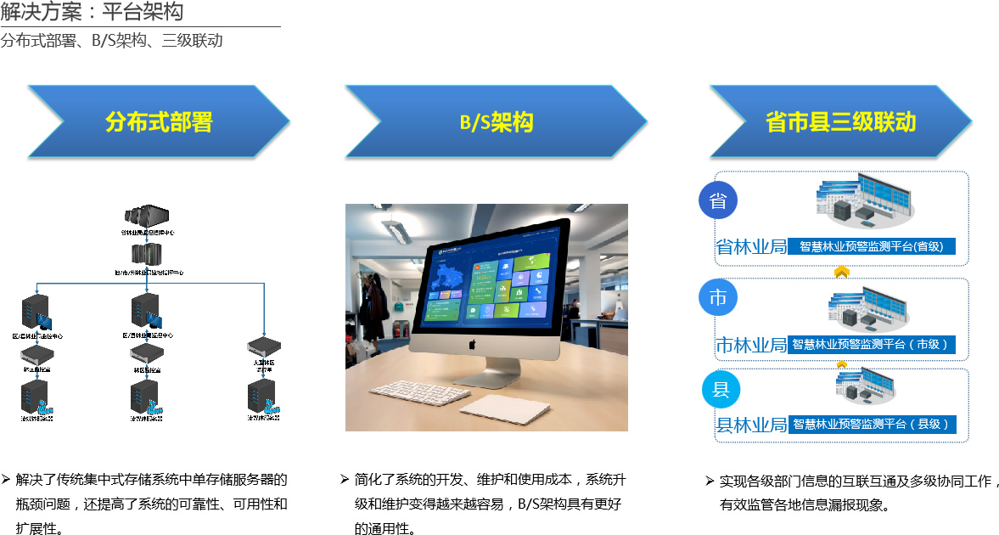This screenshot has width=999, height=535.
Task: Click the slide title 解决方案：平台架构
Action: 92,12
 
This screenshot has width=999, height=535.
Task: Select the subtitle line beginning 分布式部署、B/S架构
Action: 111,40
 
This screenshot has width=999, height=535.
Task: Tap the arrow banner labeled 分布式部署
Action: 159,121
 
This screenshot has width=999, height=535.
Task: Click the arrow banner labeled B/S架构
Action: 497,121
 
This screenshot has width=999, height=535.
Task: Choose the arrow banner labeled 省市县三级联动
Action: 840,121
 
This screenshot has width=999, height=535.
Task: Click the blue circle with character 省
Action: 718,201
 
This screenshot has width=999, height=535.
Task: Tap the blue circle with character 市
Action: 718,298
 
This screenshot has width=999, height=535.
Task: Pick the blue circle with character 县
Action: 721,390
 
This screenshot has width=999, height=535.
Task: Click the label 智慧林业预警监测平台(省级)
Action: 871,246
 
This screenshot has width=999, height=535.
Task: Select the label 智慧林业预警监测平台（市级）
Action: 871,344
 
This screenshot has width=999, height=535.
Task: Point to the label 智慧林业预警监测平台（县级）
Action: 871,424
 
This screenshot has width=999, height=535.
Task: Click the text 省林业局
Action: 751,247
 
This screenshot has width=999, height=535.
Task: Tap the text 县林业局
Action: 751,425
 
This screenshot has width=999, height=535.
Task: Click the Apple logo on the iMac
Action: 473,344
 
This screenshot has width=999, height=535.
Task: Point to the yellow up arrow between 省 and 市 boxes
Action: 842,272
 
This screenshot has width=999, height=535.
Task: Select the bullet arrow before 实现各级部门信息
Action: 710,481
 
